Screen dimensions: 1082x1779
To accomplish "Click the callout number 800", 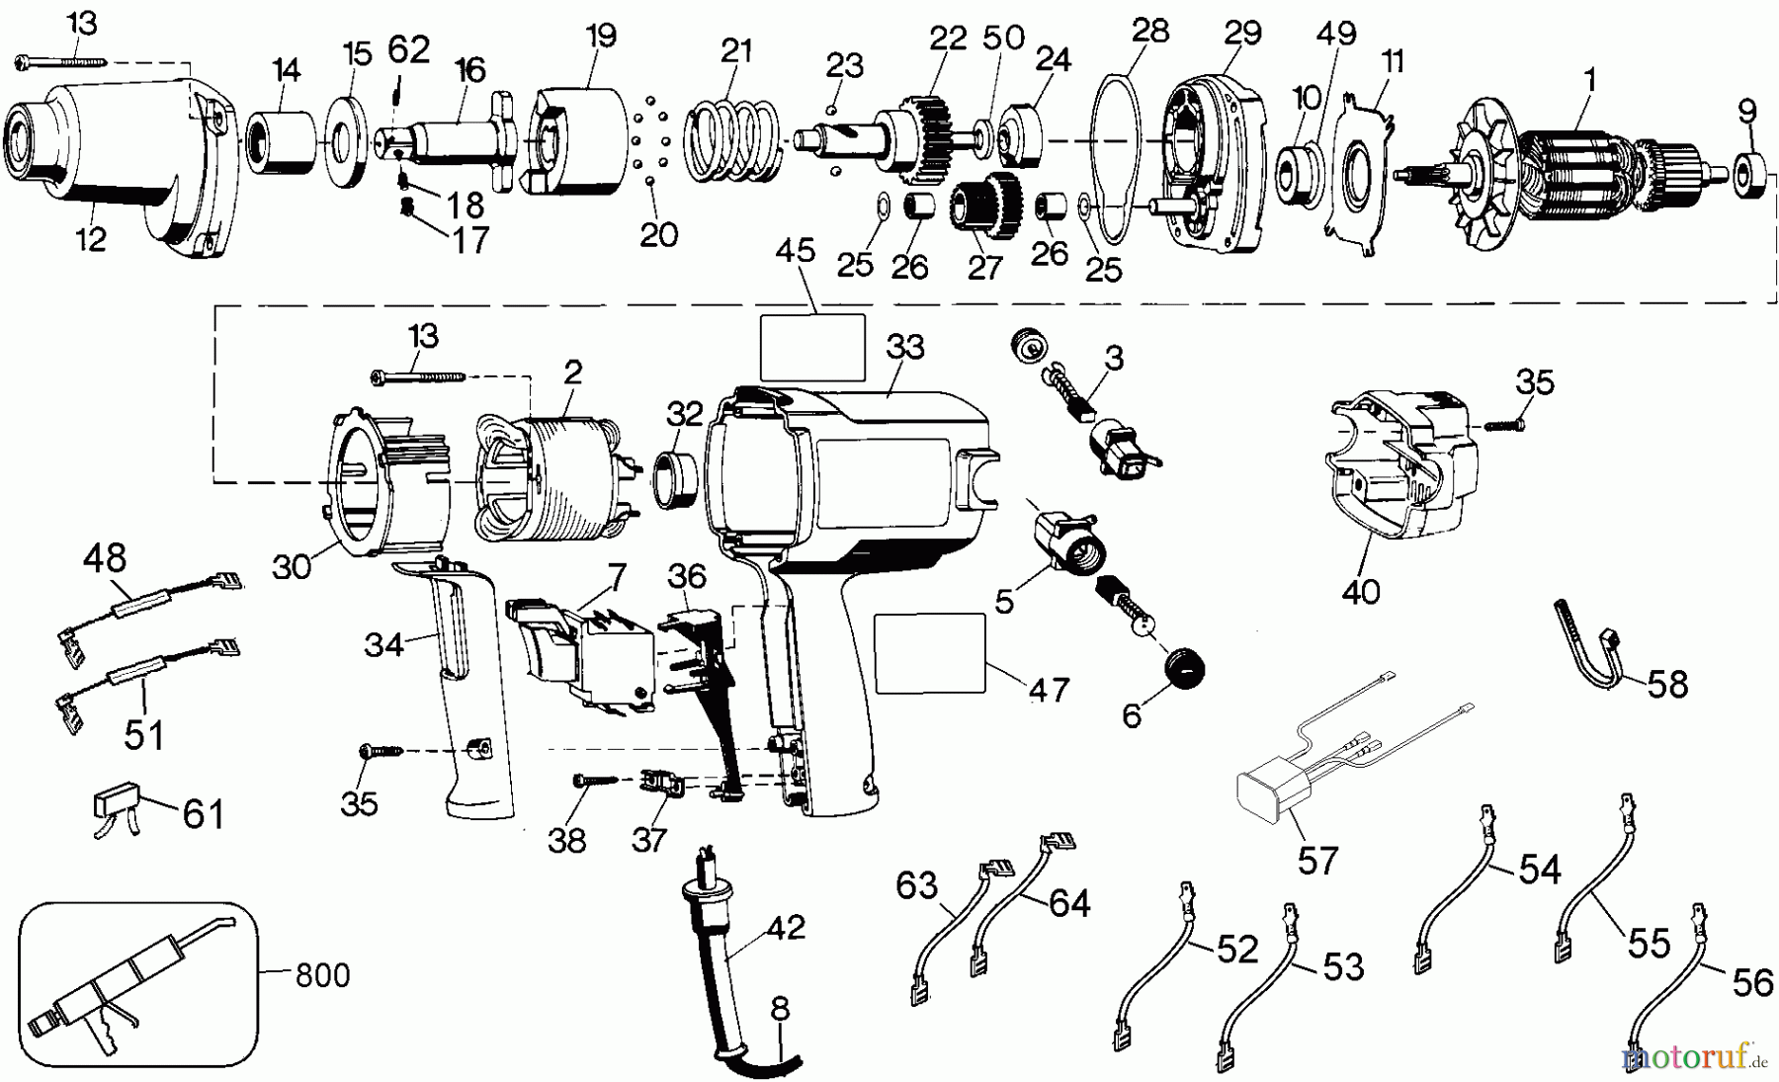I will click(x=323, y=975).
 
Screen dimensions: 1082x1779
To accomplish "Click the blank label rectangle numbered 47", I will click(x=930, y=652).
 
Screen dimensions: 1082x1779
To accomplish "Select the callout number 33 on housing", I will click(x=904, y=347).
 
